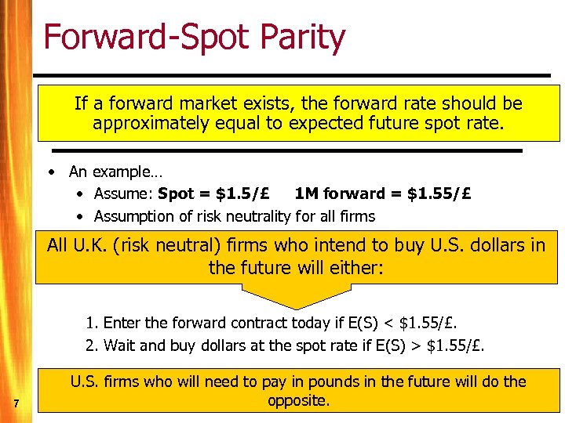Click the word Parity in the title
298,38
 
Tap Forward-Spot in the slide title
144,37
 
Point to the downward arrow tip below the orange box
296,306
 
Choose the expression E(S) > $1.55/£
439,345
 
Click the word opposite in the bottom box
296,400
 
